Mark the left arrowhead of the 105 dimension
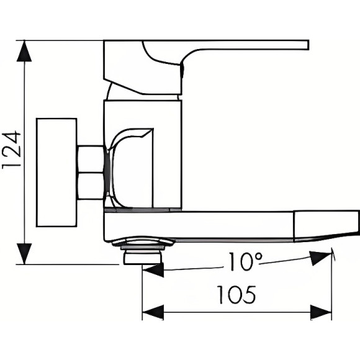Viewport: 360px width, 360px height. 153,312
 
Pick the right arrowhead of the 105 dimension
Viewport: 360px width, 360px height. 321,312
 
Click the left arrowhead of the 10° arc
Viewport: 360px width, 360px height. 153,270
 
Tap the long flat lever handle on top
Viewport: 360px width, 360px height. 248,45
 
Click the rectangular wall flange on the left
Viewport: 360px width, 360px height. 56,172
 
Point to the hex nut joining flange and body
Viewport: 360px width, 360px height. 91,173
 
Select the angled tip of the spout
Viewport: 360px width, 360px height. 326,225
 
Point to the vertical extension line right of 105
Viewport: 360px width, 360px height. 331,286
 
